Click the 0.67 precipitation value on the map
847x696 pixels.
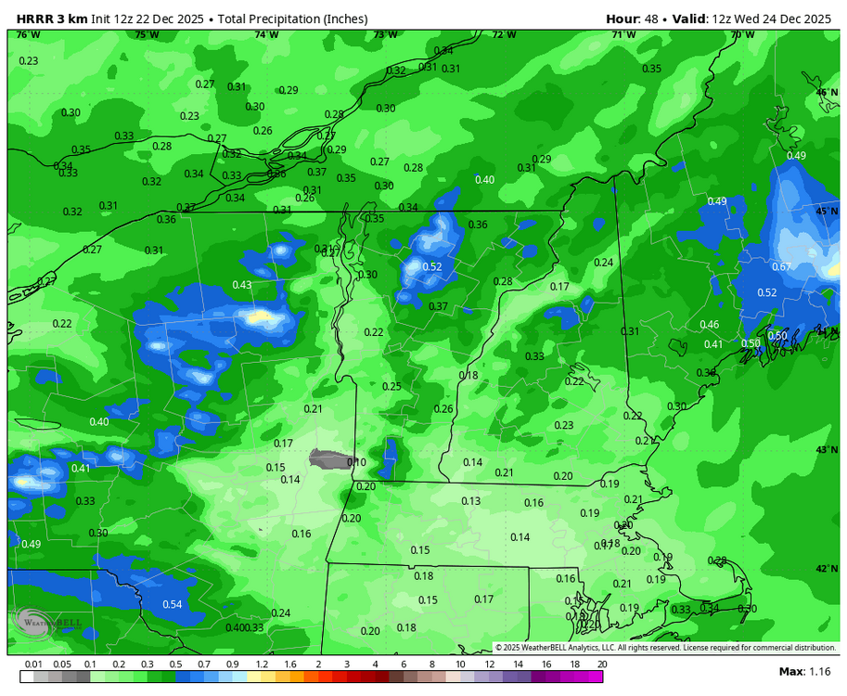click(x=781, y=267)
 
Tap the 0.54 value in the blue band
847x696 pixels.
click(x=173, y=605)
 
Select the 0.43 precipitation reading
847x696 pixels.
click(x=242, y=285)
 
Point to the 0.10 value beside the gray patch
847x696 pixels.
click(x=356, y=462)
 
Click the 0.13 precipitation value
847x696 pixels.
click(x=471, y=501)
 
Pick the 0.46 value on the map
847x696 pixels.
click(x=709, y=325)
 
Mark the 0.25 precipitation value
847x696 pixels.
click(x=392, y=387)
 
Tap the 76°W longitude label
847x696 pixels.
click(x=28, y=35)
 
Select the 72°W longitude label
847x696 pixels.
click(x=504, y=35)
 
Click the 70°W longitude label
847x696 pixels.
click(x=742, y=35)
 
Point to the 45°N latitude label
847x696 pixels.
click(x=827, y=212)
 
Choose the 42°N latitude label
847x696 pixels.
click(x=827, y=569)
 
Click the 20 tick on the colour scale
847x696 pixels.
click(x=602, y=664)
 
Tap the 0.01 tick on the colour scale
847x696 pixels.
click(x=34, y=664)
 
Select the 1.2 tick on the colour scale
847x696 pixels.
click(x=263, y=664)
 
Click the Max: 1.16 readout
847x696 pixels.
click(x=804, y=671)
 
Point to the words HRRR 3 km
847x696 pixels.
click(x=51, y=19)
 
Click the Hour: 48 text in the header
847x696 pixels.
click(x=635, y=19)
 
